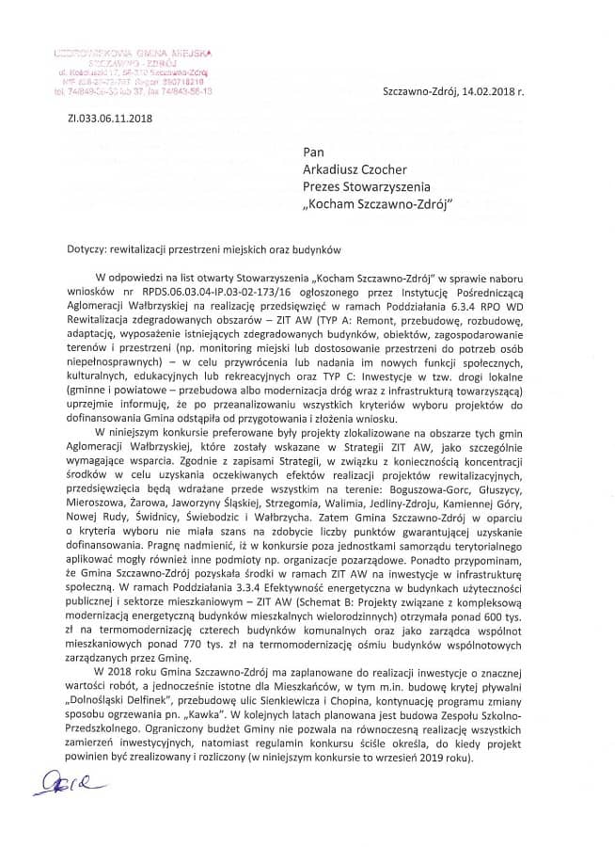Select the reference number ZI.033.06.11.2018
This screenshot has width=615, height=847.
109,120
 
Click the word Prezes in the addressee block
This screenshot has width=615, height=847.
323,186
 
